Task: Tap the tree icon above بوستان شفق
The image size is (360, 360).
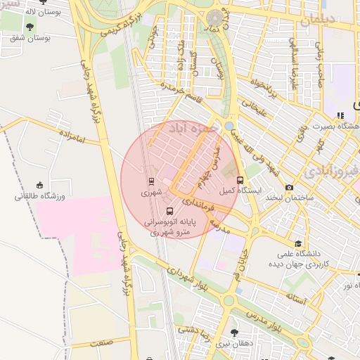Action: (29, 26)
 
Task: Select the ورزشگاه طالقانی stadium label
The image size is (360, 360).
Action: (39, 196)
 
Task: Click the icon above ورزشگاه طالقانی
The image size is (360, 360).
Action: (39, 185)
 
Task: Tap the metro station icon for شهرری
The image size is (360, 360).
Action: (150, 181)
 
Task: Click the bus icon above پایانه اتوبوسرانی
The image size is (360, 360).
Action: (169, 210)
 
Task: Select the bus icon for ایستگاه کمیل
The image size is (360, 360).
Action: (240, 180)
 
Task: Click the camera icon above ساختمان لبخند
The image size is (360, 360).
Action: (289, 188)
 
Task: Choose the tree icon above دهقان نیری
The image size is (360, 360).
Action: (233, 333)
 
